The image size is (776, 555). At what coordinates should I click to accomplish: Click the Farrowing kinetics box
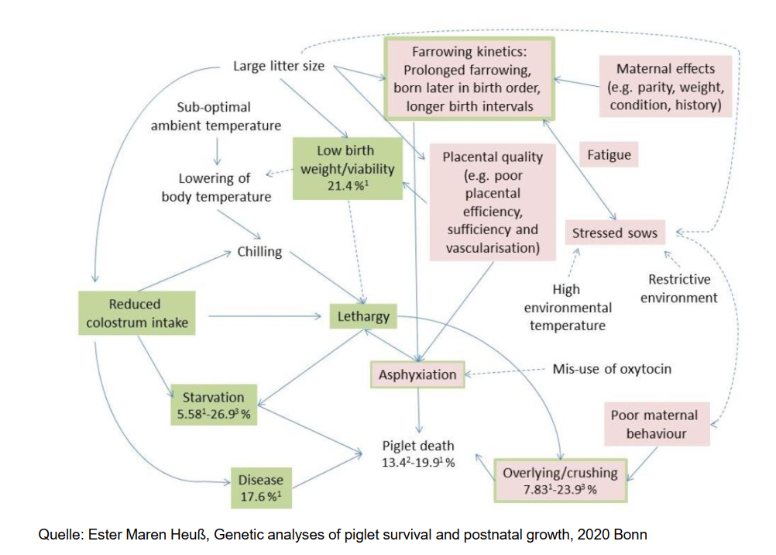pyautogui.click(x=468, y=79)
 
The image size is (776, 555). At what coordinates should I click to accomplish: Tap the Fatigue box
pyautogui.click(x=609, y=155)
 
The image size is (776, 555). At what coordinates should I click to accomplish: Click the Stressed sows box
pyautogui.click(x=614, y=233)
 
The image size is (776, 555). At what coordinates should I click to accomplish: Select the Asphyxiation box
pyautogui.click(x=417, y=374)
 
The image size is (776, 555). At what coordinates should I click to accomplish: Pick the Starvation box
pyautogui.click(x=213, y=404)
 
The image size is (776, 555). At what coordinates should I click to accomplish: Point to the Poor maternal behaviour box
pyautogui.click(x=655, y=424)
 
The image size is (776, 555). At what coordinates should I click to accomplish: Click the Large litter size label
pyautogui.click(x=279, y=66)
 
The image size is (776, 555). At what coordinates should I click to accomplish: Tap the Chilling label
pyautogui.click(x=259, y=252)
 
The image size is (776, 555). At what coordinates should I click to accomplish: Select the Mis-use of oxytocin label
pyautogui.click(x=612, y=368)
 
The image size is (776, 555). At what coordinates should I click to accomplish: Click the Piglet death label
pyautogui.click(x=418, y=453)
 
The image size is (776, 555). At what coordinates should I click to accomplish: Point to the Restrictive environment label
pyautogui.click(x=678, y=288)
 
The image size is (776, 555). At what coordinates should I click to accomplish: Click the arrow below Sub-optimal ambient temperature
pyautogui.click(x=217, y=147)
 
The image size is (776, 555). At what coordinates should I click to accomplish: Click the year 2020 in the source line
pyautogui.click(x=561, y=533)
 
